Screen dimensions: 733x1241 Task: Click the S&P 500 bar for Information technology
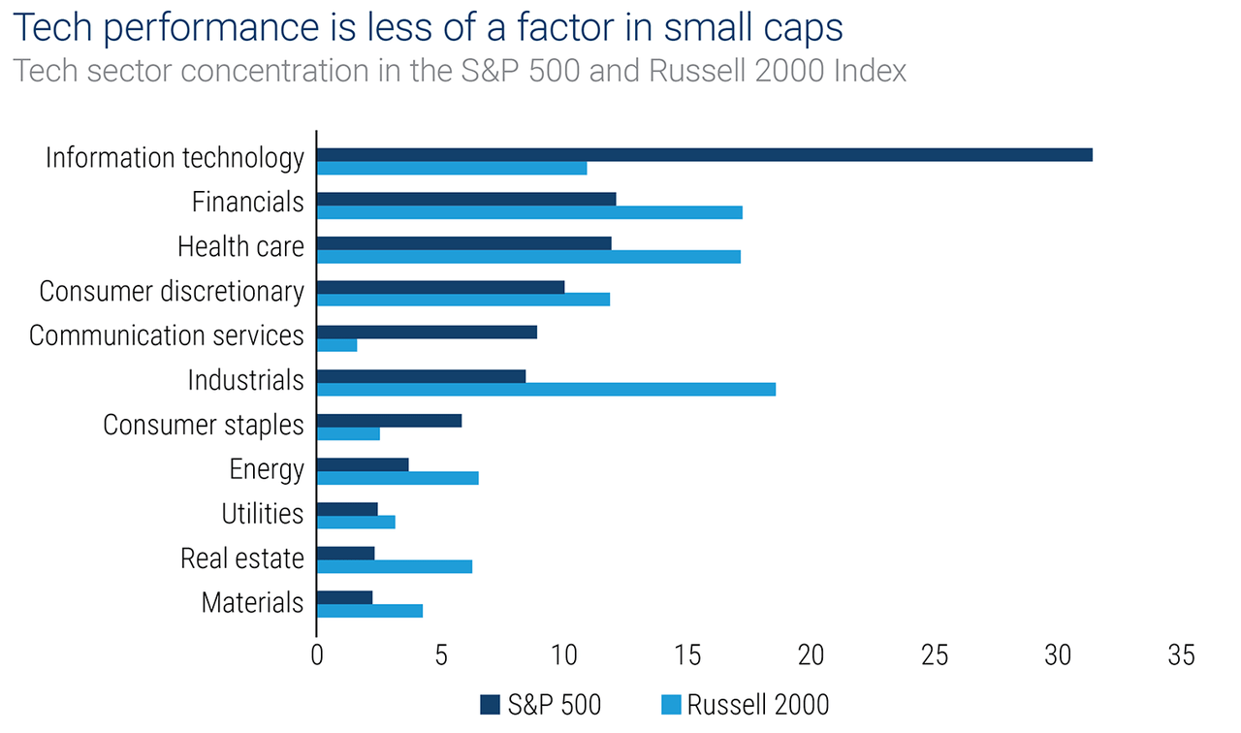coord(705,155)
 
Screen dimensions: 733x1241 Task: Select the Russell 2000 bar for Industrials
coord(546,389)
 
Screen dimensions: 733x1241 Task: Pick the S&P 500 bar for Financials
coord(466,200)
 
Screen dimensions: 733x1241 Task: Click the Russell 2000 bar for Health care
coord(528,256)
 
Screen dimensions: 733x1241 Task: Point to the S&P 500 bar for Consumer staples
coord(389,421)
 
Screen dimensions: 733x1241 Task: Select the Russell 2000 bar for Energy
coord(398,478)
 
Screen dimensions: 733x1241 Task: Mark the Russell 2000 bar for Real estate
coord(395,566)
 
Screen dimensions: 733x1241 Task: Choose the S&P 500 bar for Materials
coord(344,597)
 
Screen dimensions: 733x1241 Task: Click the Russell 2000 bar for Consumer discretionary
coord(463,300)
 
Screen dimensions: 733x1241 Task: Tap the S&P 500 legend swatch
coord(490,704)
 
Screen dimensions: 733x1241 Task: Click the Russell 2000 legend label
coord(758,704)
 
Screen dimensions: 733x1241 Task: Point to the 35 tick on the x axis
coord(1181,656)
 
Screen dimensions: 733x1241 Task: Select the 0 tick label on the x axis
coord(317,656)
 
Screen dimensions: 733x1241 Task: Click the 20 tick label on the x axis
coord(811,656)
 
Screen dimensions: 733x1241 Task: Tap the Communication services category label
coord(167,335)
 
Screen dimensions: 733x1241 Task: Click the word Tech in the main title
coord(51,28)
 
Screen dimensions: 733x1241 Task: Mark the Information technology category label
coord(175,158)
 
